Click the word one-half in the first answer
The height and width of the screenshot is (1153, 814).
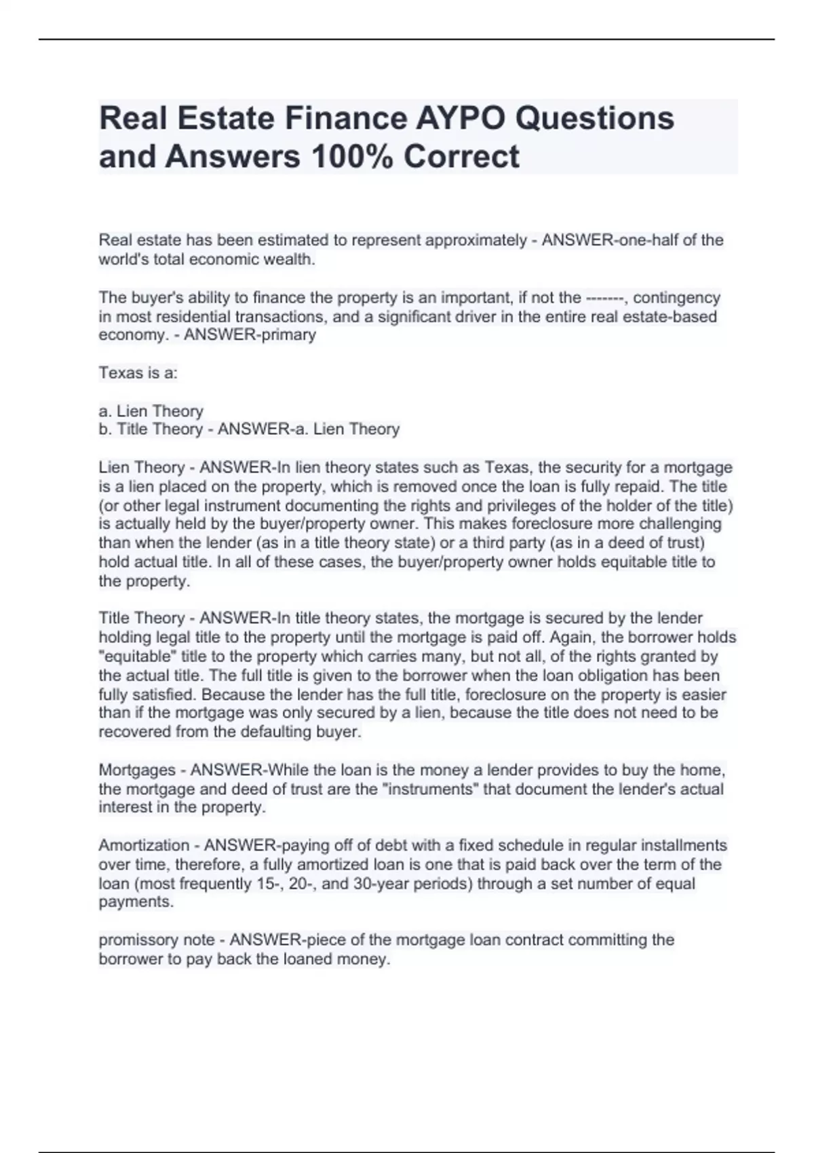[x=641, y=240]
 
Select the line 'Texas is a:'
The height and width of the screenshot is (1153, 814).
[x=138, y=373]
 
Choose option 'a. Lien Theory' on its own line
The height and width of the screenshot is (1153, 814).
[x=151, y=411]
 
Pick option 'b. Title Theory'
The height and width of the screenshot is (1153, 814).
[x=151, y=429]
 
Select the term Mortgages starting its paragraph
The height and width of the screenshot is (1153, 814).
[x=137, y=770]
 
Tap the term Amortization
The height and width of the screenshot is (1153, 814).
[x=144, y=846]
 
